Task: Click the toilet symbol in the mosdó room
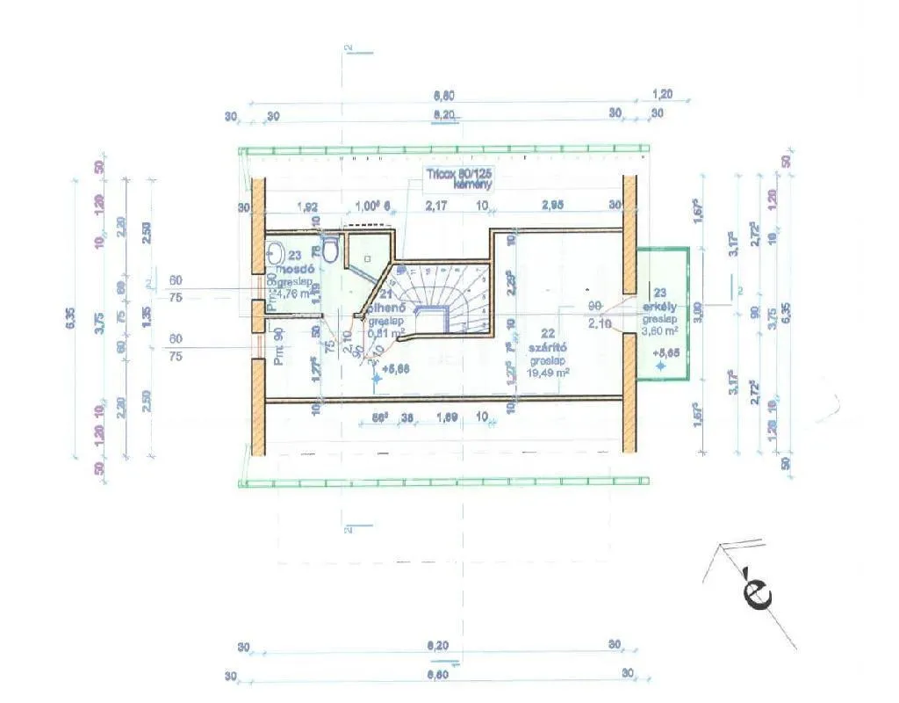(331, 252)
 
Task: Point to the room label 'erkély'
(660, 307)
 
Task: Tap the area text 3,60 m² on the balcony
(660, 331)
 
